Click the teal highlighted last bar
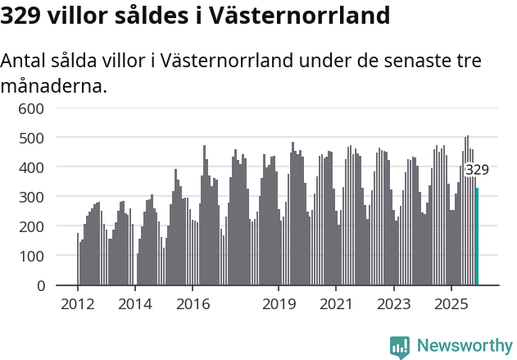tap(477, 237)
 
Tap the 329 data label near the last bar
tap(477, 170)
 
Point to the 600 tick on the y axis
tap(31, 108)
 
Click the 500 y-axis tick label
tap(31, 138)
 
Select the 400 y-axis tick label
tap(31, 167)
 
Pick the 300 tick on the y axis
tap(31, 197)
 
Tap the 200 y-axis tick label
tap(31, 226)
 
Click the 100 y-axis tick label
tap(31, 256)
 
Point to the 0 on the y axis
tap(39, 285)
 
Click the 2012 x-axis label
tap(78, 304)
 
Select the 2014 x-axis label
tap(135, 304)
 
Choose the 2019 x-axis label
tap(279, 304)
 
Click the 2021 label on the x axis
tap(336, 304)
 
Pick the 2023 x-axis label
tap(393, 304)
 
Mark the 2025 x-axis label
tap(451, 304)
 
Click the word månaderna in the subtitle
tap(54, 84)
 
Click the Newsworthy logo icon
tap(400, 347)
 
